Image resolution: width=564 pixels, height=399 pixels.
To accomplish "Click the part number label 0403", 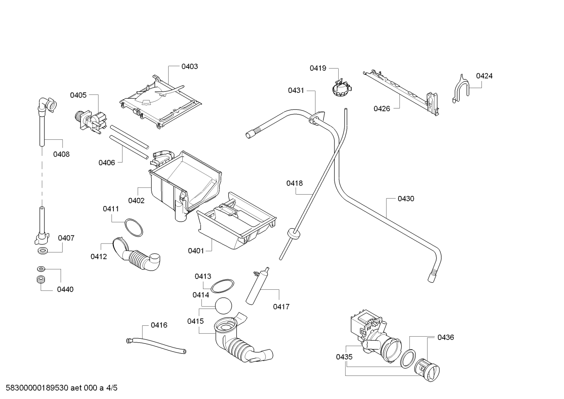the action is [x=190, y=67].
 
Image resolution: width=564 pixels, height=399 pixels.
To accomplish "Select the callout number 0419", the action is [x=318, y=68].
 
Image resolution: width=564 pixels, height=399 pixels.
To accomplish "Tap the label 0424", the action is [x=484, y=76].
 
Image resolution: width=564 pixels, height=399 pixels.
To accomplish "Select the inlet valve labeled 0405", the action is [x=91, y=121].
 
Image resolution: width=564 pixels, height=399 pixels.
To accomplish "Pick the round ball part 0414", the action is [x=223, y=306].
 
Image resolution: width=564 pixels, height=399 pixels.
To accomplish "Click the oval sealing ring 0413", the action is [x=222, y=286].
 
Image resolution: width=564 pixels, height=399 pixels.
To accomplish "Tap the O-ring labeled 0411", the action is [x=134, y=227].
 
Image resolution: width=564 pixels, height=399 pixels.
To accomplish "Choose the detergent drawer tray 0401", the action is [x=236, y=221].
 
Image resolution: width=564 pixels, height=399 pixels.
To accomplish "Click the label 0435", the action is [x=344, y=357].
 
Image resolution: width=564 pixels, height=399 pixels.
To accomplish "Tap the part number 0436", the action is [x=445, y=337].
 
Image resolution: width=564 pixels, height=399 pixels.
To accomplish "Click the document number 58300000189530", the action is [x=37, y=388].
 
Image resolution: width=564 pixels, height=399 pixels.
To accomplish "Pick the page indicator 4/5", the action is [x=111, y=388].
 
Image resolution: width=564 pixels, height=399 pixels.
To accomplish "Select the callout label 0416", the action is [x=159, y=325].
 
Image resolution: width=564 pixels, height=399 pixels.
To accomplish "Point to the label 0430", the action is [x=406, y=199].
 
